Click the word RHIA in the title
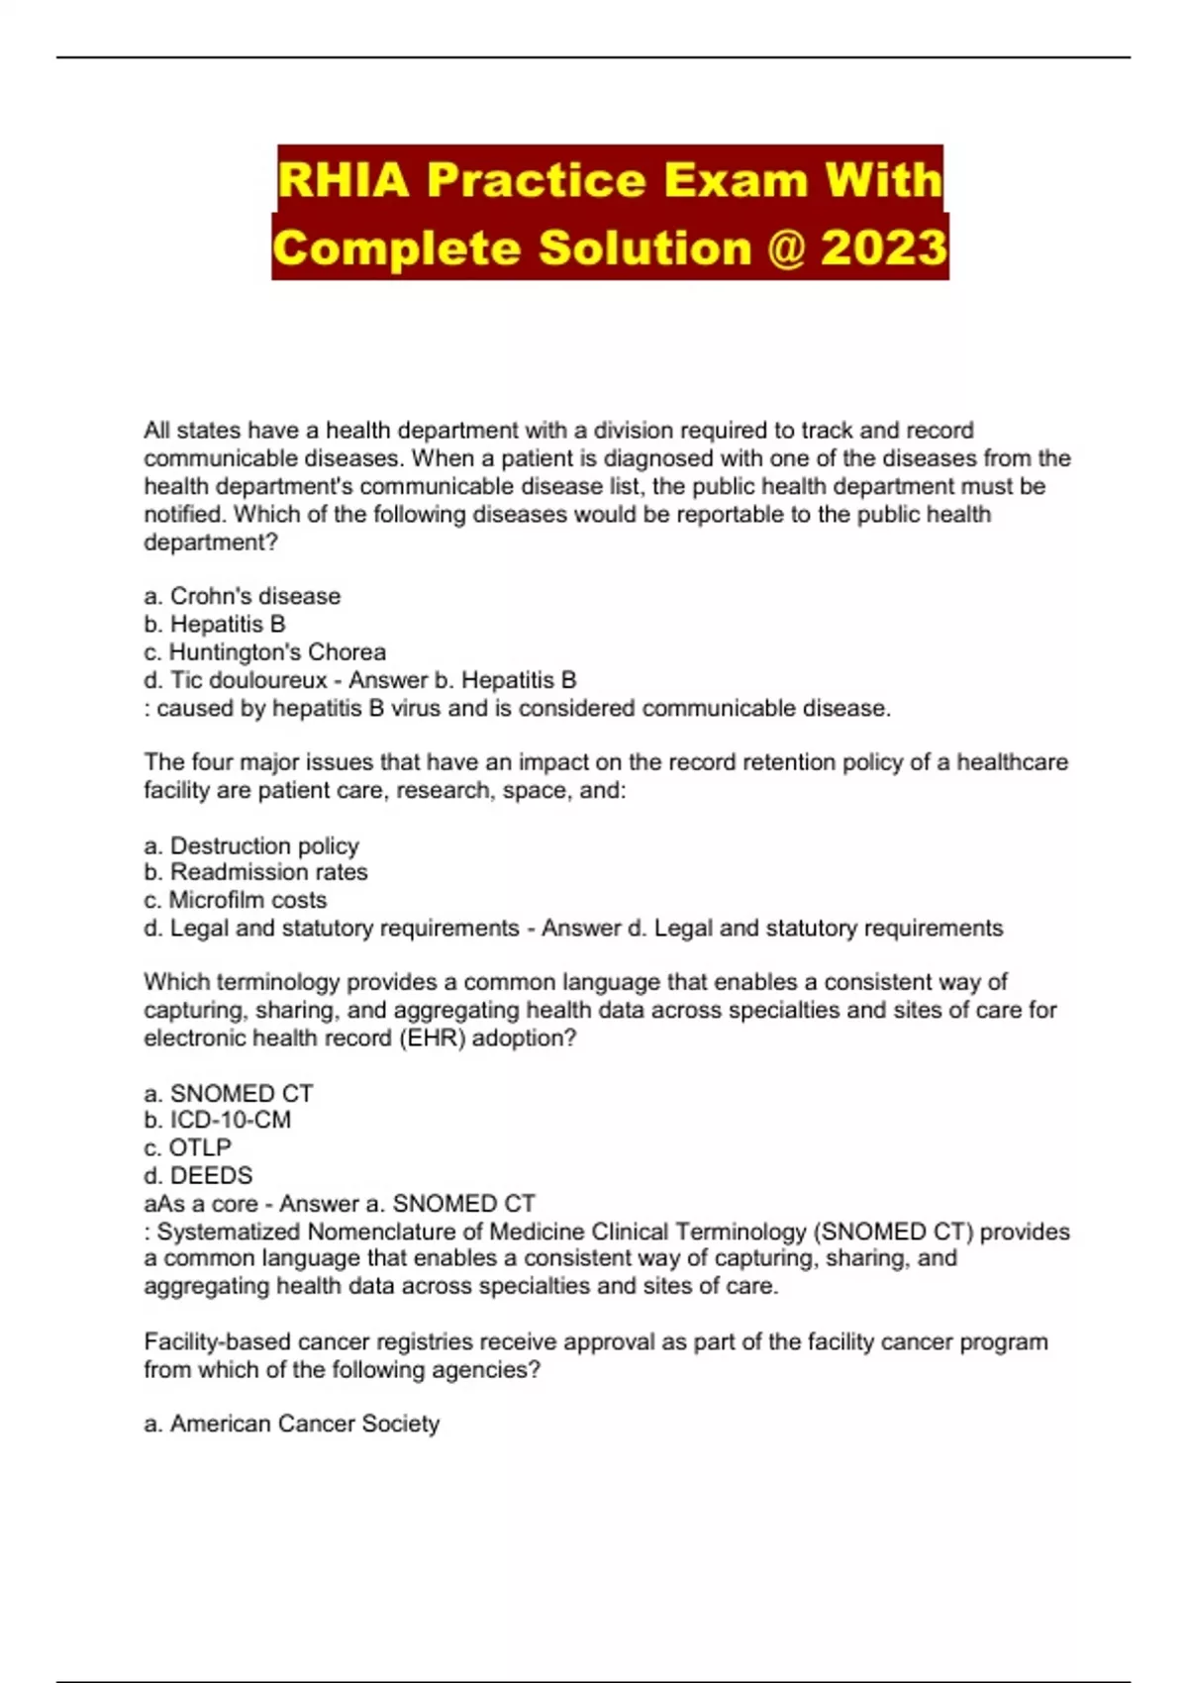pyautogui.click(x=343, y=180)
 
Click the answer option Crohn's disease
pyautogui.click(x=254, y=596)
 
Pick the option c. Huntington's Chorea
pyautogui.click(x=264, y=652)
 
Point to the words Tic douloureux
pyautogui.click(x=248, y=680)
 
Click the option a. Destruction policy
pyautogui.click(x=251, y=845)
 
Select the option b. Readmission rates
pyautogui.click(x=255, y=872)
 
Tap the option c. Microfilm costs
pyautogui.click(x=236, y=900)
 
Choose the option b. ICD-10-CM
pyautogui.click(x=218, y=1120)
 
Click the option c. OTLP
pyautogui.click(x=188, y=1147)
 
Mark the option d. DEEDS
pyautogui.click(x=198, y=1175)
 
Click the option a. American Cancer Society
pyautogui.click(x=292, y=1424)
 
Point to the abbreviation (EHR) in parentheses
pyautogui.click(x=432, y=1038)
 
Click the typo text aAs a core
pyautogui.click(x=201, y=1204)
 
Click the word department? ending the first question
pyautogui.click(x=211, y=543)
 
